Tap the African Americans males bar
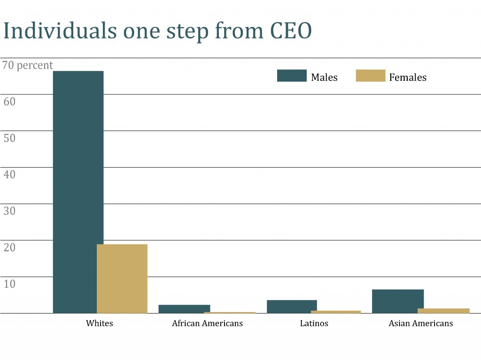184,309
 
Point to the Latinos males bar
292,306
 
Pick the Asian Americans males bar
397,301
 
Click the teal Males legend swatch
292,76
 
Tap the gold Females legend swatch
370,76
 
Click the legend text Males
324,77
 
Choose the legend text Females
408,77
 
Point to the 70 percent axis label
28,65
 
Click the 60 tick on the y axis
9,101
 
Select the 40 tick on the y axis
9,174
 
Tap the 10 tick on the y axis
9,283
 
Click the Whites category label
100,323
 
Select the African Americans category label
207,323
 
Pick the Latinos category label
314,323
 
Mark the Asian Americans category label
421,323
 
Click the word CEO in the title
290,31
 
